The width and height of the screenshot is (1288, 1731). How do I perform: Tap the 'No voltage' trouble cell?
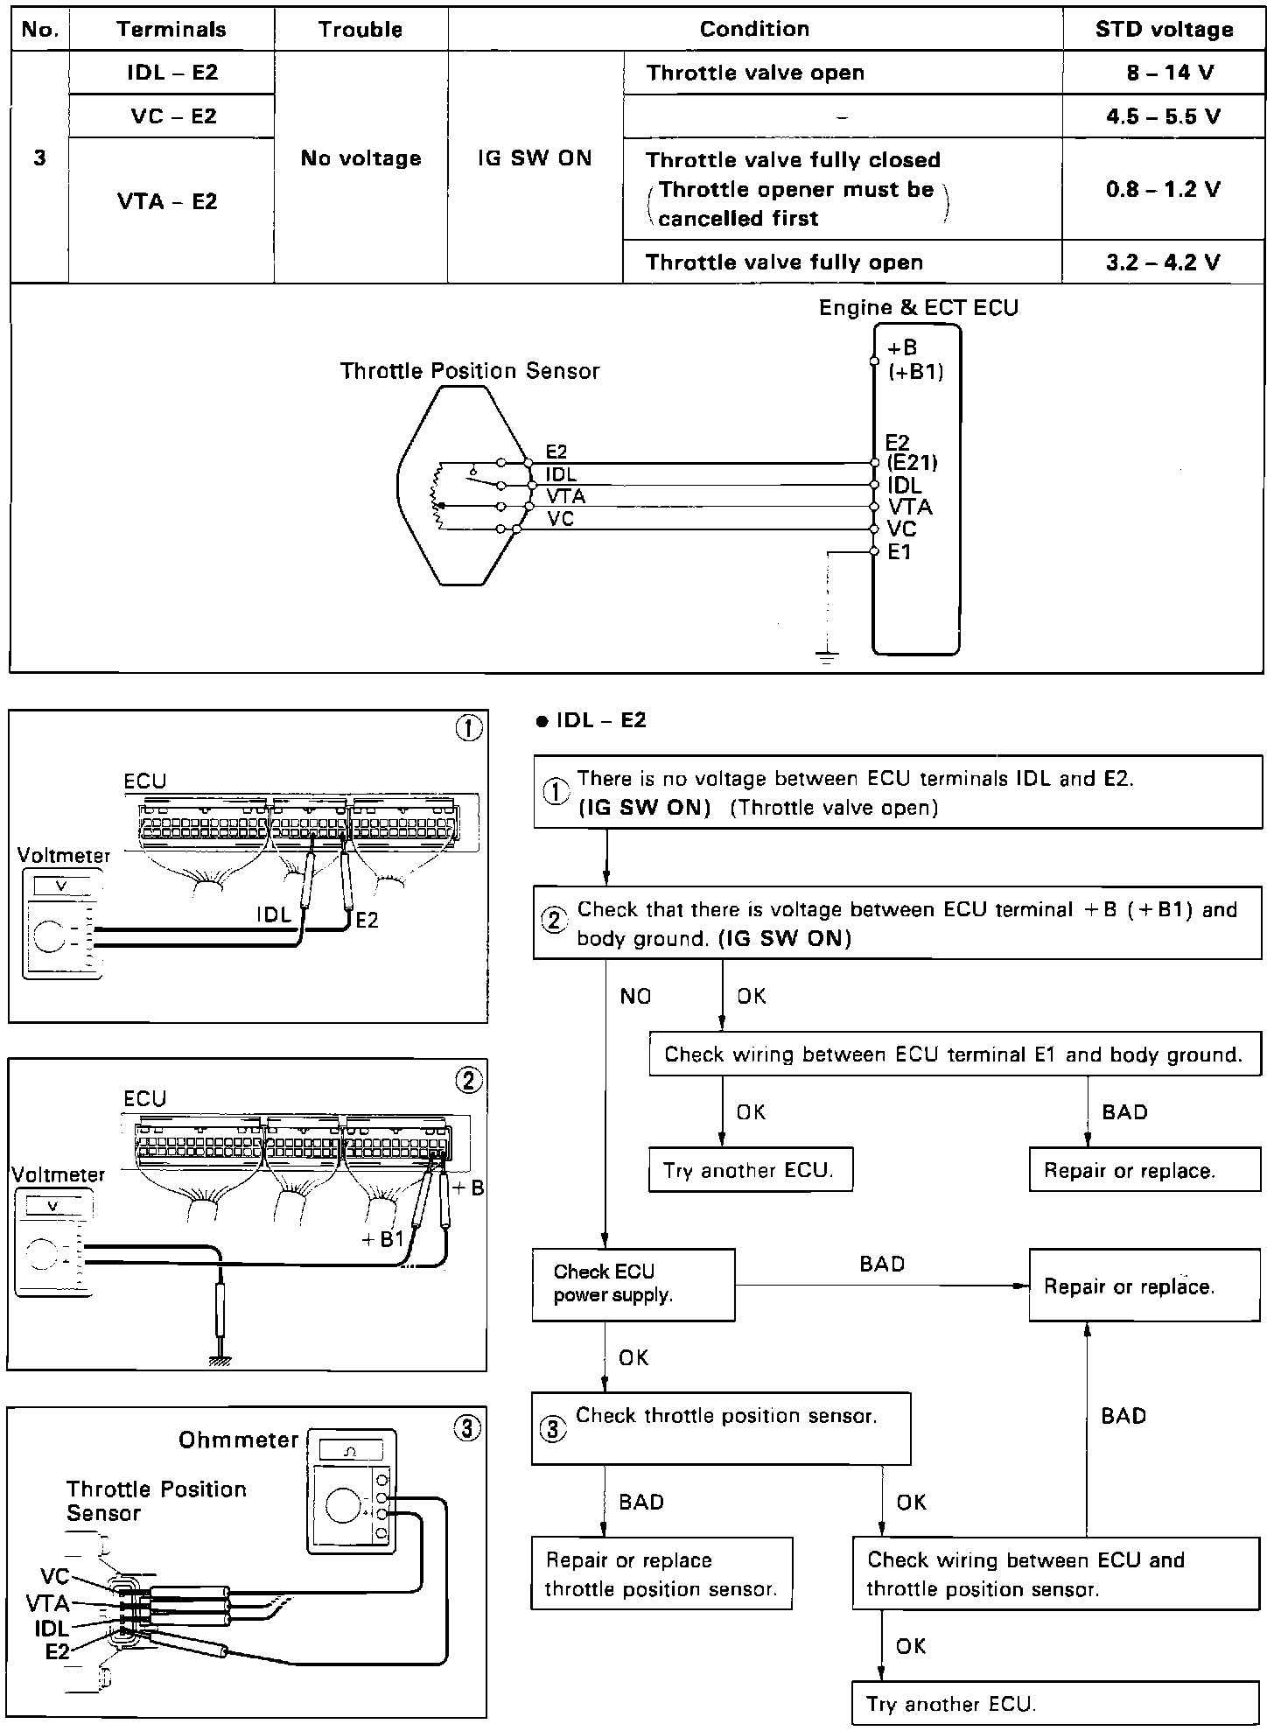tap(360, 158)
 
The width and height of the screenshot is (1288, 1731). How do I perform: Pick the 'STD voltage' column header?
tap(1164, 29)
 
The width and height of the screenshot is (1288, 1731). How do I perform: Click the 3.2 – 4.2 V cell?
tap(1164, 263)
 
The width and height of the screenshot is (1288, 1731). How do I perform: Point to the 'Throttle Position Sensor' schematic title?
tap(470, 371)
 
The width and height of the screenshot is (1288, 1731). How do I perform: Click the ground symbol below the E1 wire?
tap(827, 655)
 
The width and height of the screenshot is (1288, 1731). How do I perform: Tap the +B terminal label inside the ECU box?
tap(902, 348)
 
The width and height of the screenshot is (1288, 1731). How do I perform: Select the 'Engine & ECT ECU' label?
tap(918, 308)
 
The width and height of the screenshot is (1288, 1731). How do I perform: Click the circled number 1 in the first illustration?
tap(469, 729)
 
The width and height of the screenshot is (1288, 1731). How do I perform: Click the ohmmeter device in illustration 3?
tap(353, 1491)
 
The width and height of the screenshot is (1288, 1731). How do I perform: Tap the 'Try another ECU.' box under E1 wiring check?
tap(750, 1171)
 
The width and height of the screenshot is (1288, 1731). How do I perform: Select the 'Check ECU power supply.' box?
tap(633, 1284)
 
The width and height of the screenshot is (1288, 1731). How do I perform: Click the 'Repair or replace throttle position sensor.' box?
tap(661, 1573)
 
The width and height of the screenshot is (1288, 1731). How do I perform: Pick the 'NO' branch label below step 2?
tap(635, 996)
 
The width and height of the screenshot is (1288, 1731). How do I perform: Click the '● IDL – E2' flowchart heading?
tap(591, 720)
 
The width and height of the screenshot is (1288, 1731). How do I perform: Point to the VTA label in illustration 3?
tap(47, 1603)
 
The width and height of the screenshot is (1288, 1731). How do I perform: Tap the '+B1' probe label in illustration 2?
tap(382, 1239)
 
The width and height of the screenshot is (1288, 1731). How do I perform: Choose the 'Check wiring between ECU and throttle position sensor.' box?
tap(1055, 1573)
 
